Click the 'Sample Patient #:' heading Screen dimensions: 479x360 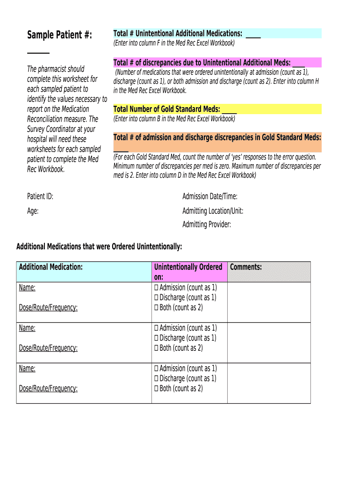point(59,35)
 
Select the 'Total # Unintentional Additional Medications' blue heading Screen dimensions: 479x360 point(178,33)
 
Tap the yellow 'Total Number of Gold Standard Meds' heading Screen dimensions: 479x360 point(166,109)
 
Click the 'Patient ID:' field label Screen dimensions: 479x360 point(40,196)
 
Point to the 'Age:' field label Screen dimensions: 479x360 point(33,211)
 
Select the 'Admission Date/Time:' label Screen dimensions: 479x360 point(209,196)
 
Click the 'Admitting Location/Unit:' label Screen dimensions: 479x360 point(213,211)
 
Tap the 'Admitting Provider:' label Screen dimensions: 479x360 point(207,225)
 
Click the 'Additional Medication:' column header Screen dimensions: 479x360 point(50,267)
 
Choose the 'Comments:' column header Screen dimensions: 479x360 point(246,267)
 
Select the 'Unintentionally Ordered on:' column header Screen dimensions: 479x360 point(188,272)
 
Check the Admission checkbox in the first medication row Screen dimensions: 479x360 point(157,288)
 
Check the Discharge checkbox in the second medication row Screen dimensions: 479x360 point(157,338)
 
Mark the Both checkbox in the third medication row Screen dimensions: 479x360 point(157,389)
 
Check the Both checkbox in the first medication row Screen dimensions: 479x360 point(157,308)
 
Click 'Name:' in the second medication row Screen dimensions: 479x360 point(27,328)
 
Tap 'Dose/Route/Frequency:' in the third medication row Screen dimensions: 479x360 point(48,388)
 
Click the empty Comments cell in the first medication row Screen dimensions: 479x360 point(269,302)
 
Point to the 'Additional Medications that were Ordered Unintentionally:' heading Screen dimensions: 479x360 point(99,247)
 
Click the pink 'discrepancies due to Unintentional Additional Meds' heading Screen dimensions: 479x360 point(202,63)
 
